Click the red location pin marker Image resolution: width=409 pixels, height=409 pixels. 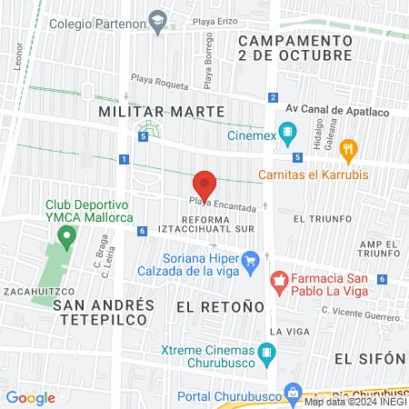(205, 185)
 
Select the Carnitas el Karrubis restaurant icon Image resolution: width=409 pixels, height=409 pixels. (346, 149)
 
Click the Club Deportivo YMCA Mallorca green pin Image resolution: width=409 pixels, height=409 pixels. (65, 237)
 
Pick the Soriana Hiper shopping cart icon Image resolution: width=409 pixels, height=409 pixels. (254, 261)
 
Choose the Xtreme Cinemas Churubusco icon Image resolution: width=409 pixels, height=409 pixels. (266, 351)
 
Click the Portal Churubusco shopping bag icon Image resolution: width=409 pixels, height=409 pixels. (293, 392)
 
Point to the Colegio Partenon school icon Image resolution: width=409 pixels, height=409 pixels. (157, 25)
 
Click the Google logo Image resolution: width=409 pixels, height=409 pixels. (31, 397)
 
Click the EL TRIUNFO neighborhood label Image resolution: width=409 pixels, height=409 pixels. (317, 219)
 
